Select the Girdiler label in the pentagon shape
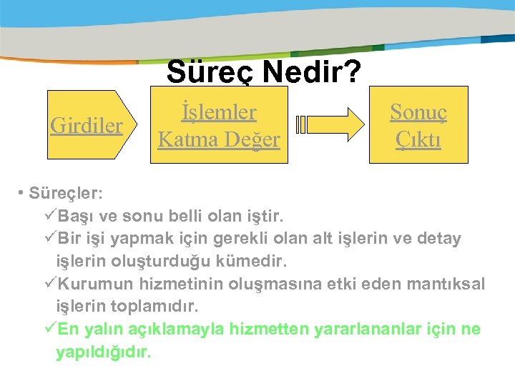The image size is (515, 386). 87,125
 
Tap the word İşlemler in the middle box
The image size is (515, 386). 219,112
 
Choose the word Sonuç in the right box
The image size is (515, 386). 418,112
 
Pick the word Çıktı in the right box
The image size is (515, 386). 418,139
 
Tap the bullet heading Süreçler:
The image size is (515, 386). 65,194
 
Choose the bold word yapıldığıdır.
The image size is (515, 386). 104,352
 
